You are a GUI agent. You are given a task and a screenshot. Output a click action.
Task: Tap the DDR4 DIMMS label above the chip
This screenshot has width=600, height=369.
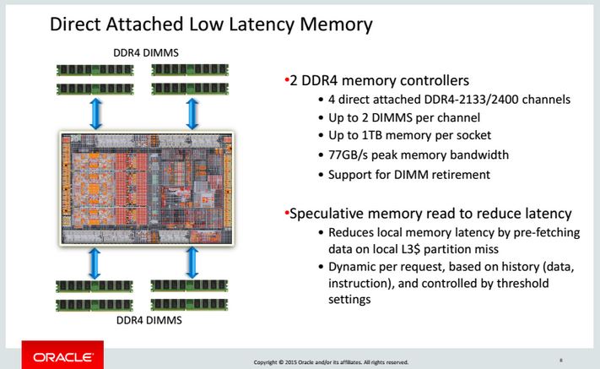[145, 53]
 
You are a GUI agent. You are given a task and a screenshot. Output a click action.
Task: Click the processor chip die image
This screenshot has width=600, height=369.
[145, 187]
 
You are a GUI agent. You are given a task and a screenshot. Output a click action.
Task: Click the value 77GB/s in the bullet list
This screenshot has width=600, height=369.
[349, 155]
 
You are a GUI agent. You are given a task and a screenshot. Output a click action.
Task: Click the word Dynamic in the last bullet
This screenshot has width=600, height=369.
[354, 268]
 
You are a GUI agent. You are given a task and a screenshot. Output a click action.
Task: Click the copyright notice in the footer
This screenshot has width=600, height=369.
[331, 361]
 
